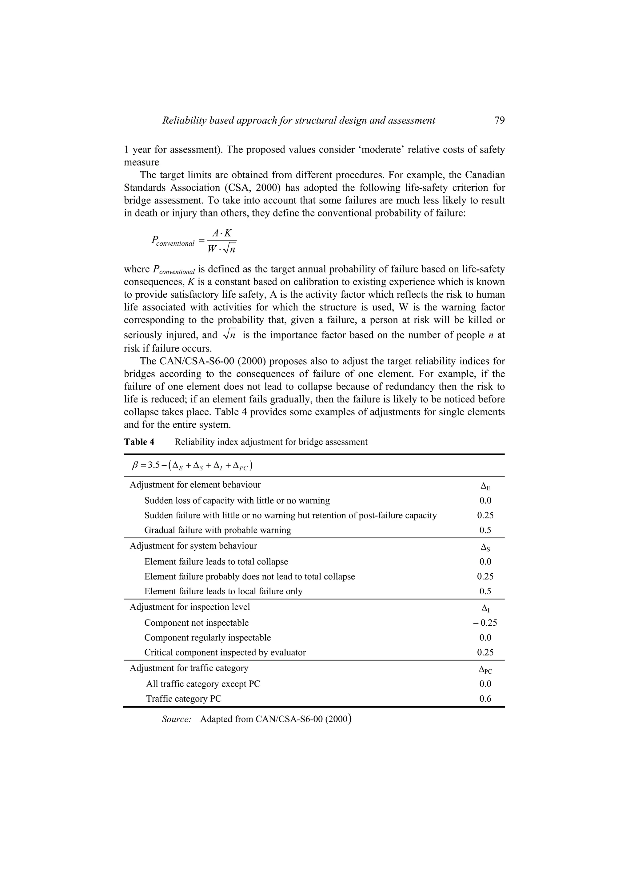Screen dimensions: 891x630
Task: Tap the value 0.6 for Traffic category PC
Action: [485, 699]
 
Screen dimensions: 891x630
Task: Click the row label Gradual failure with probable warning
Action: [217, 530]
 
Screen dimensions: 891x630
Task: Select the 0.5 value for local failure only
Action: [485, 592]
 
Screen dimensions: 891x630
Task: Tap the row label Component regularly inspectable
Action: [207, 638]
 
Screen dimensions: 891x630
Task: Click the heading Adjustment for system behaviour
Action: [193, 546]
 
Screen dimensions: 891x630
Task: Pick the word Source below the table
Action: [177, 719]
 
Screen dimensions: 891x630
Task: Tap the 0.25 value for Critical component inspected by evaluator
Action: [485, 652]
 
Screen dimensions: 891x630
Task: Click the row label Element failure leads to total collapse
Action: [216, 561]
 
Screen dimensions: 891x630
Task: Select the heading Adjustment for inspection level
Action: [189, 607]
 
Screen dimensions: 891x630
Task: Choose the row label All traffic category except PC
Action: [203, 684]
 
